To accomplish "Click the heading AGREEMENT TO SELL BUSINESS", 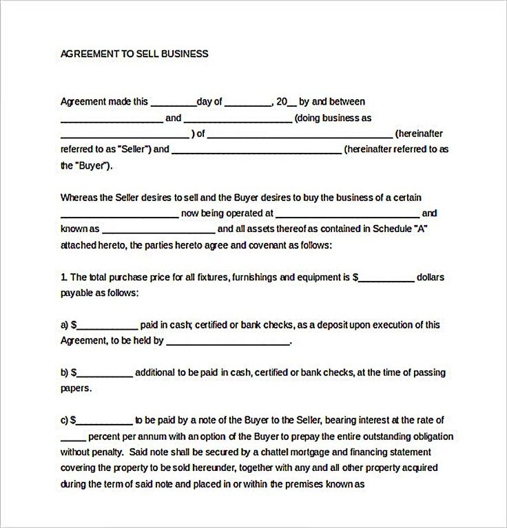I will click(x=134, y=54).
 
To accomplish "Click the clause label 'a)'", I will click(x=65, y=325).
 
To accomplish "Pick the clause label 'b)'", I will click(x=65, y=372).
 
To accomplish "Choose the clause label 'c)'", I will click(x=65, y=420).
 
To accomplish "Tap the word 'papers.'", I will click(x=76, y=388).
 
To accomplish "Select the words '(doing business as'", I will click(x=338, y=118).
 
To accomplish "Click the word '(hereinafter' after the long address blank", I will click(x=419, y=134).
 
